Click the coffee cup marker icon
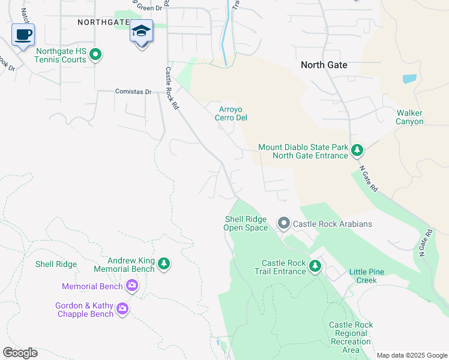click(23, 35)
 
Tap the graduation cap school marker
click(142, 31)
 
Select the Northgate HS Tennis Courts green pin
click(95, 56)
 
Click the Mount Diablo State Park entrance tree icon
click(357, 149)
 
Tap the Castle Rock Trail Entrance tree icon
click(315, 265)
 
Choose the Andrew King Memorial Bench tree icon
click(163, 263)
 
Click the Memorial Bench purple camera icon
click(132, 286)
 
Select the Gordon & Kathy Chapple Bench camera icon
click(122, 309)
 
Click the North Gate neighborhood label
click(324, 65)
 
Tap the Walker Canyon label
click(409, 117)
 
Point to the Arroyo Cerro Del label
click(231, 113)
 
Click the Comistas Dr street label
click(133, 92)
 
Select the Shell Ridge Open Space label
click(246, 223)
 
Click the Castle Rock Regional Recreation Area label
click(351, 337)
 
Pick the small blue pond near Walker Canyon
click(409, 79)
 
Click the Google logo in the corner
click(20, 353)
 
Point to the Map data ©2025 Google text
click(411, 355)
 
